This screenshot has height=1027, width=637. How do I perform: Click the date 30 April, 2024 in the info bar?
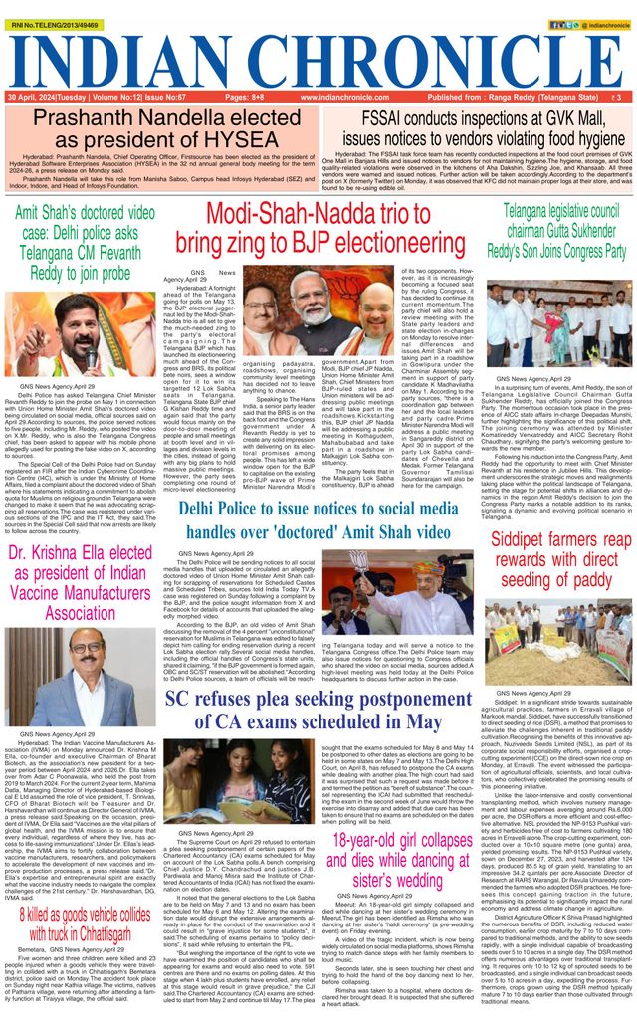click(40, 98)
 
